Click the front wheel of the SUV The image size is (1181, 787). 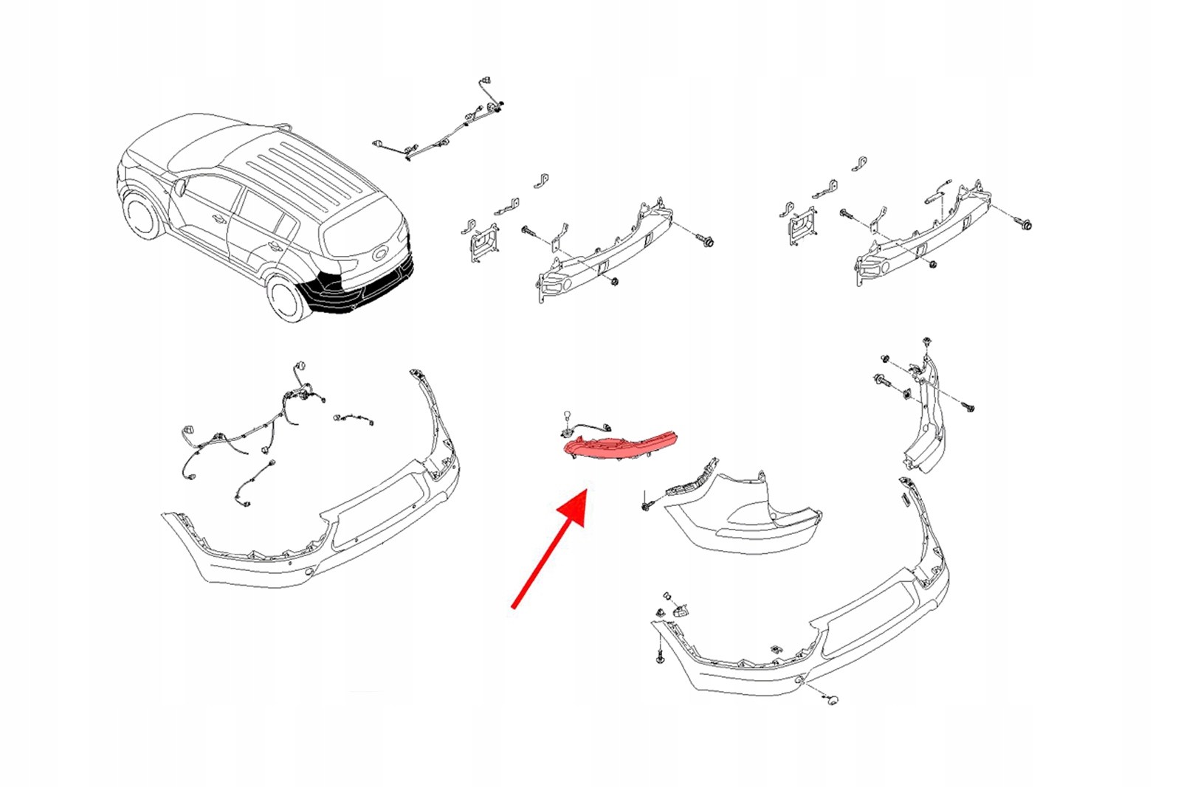pyautogui.click(x=142, y=215)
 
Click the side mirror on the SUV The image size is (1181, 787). pyautogui.click(x=179, y=187)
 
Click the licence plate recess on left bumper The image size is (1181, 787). pyautogui.click(x=380, y=510)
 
